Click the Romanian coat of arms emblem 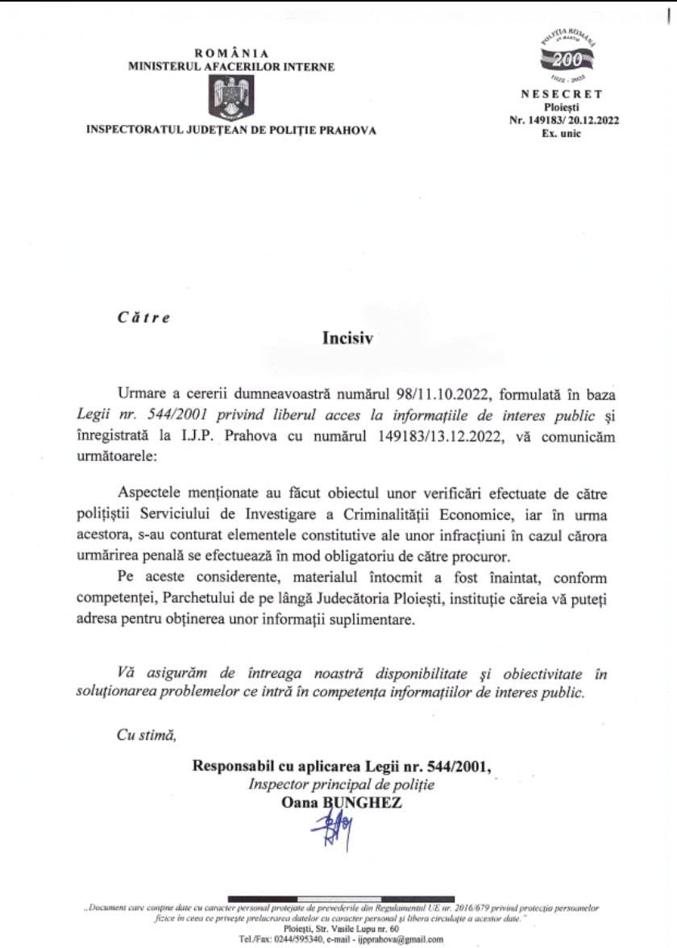tap(231, 96)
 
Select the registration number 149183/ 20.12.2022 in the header tap(573, 120)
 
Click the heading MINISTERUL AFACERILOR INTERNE tap(231, 67)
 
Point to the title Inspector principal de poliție tap(341, 784)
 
